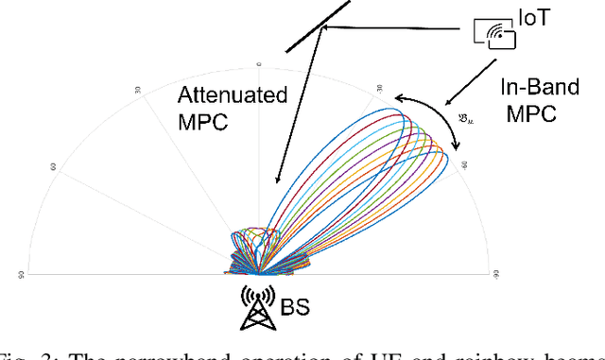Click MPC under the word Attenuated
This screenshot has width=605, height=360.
[x=200, y=122]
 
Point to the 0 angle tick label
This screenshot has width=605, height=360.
[x=259, y=65]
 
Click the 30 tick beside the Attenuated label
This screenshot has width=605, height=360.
[x=139, y=91]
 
